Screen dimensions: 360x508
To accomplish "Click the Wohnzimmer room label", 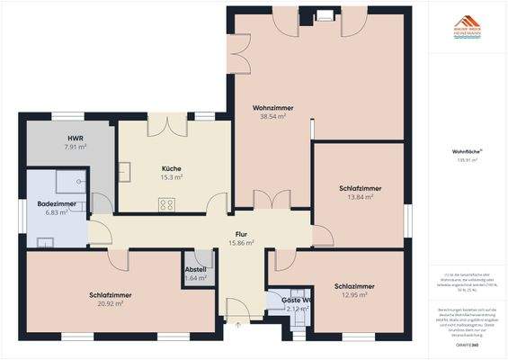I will [x=273, y=108].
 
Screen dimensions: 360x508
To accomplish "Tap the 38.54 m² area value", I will [x=273, y=117].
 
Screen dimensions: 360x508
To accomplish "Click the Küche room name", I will [x=172, y=168].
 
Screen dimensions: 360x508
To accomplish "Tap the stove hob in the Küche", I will [x=166, y=205].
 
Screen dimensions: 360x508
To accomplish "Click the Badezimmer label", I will [x=57, y=204].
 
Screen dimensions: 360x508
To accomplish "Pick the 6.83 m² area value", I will [x=57, y=213].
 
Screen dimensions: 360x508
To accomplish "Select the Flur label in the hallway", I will [x=242, y=232].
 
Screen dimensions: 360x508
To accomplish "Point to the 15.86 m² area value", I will [x=242, y=242].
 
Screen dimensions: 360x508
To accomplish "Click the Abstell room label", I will [x=195, y=269].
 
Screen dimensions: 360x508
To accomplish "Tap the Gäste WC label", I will [x=296, y=300].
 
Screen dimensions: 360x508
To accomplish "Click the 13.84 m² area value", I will [x=361, y=197].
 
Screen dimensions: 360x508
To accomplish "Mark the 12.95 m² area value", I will [x=354, y=295].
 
